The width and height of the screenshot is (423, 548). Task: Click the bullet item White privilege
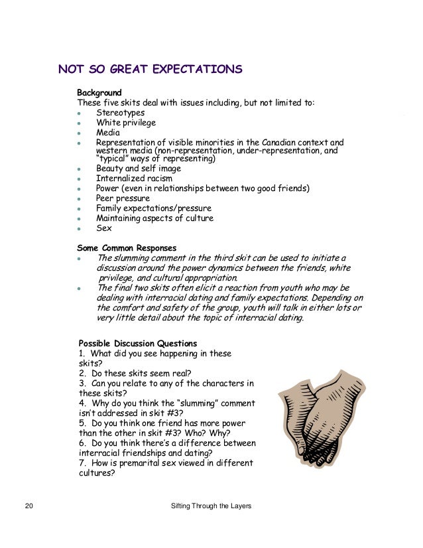(x=126, y=123)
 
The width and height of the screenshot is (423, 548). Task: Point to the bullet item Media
(x=109, y=133)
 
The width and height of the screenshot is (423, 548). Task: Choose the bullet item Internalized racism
(x=135, y=178)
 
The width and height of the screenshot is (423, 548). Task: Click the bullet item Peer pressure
(x=123, y=198)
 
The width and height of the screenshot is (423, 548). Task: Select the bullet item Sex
(x=105, y=228)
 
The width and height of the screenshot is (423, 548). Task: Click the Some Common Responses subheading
(x=132, y=248)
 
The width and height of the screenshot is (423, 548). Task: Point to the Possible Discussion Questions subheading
(x=138, y=344)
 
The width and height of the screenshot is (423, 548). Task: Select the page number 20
(x=27, y=508)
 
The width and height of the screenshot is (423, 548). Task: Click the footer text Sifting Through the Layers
(x=211, y=508)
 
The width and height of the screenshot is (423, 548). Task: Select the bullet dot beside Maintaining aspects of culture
(x=78, y=219)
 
